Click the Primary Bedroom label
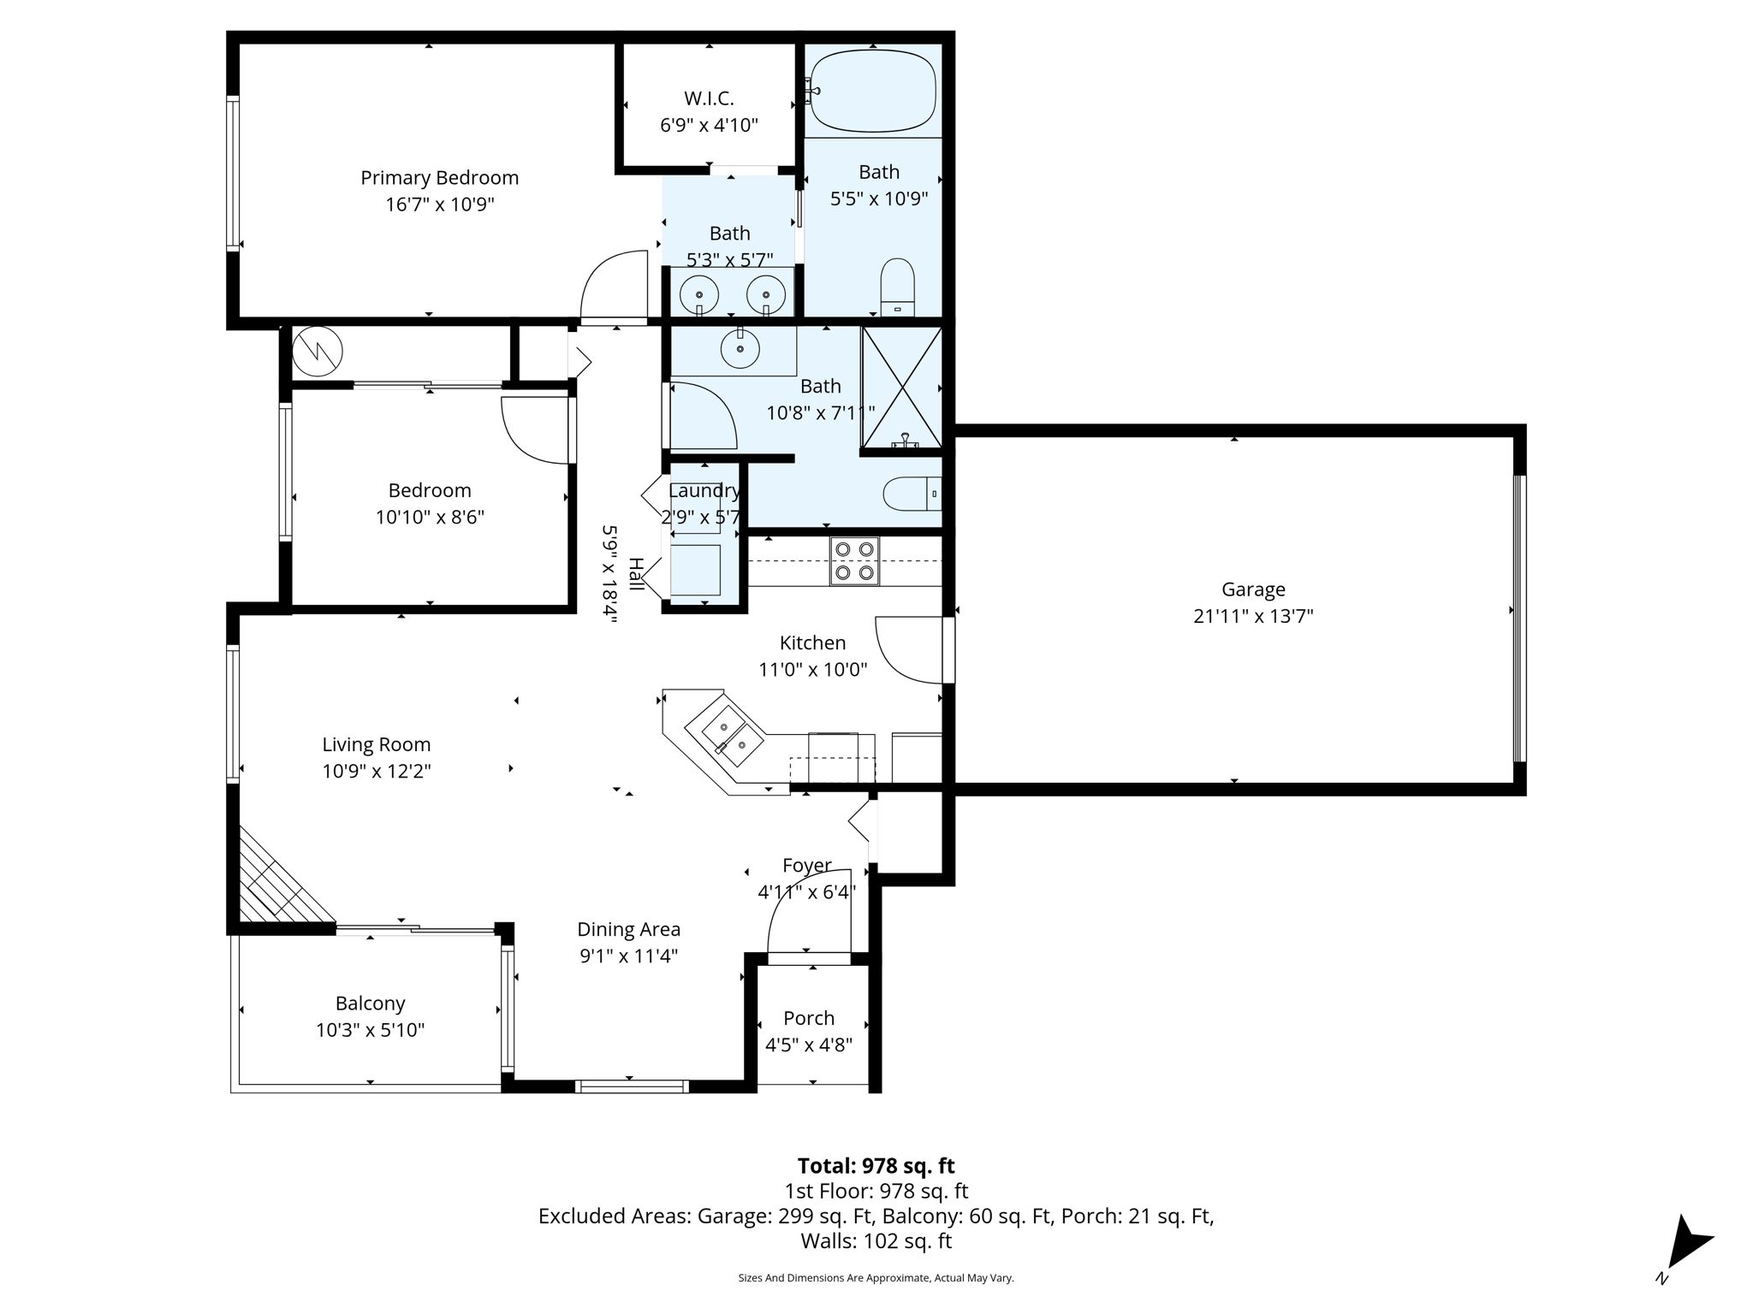[x=439, y=178]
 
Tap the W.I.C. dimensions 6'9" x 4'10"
[x=709, y=126]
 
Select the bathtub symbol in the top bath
[x=872, y=91]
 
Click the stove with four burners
[x=854, y=561]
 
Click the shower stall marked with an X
[x=902, y=388]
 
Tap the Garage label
[x=1253, y=589]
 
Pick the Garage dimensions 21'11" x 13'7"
[x=1253, y=616]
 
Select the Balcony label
[x=370, y=1003]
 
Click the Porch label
[x=809, y=1018]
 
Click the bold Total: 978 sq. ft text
[x=876, y=1166]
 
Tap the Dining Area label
[x=628, y=929]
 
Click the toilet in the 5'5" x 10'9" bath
[x=897, y=287]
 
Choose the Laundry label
[x=704, y=491]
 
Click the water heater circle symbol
[x=318, y=351]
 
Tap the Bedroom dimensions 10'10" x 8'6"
[x=430, y=518]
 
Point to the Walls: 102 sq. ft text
[x=876, y=1241]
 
